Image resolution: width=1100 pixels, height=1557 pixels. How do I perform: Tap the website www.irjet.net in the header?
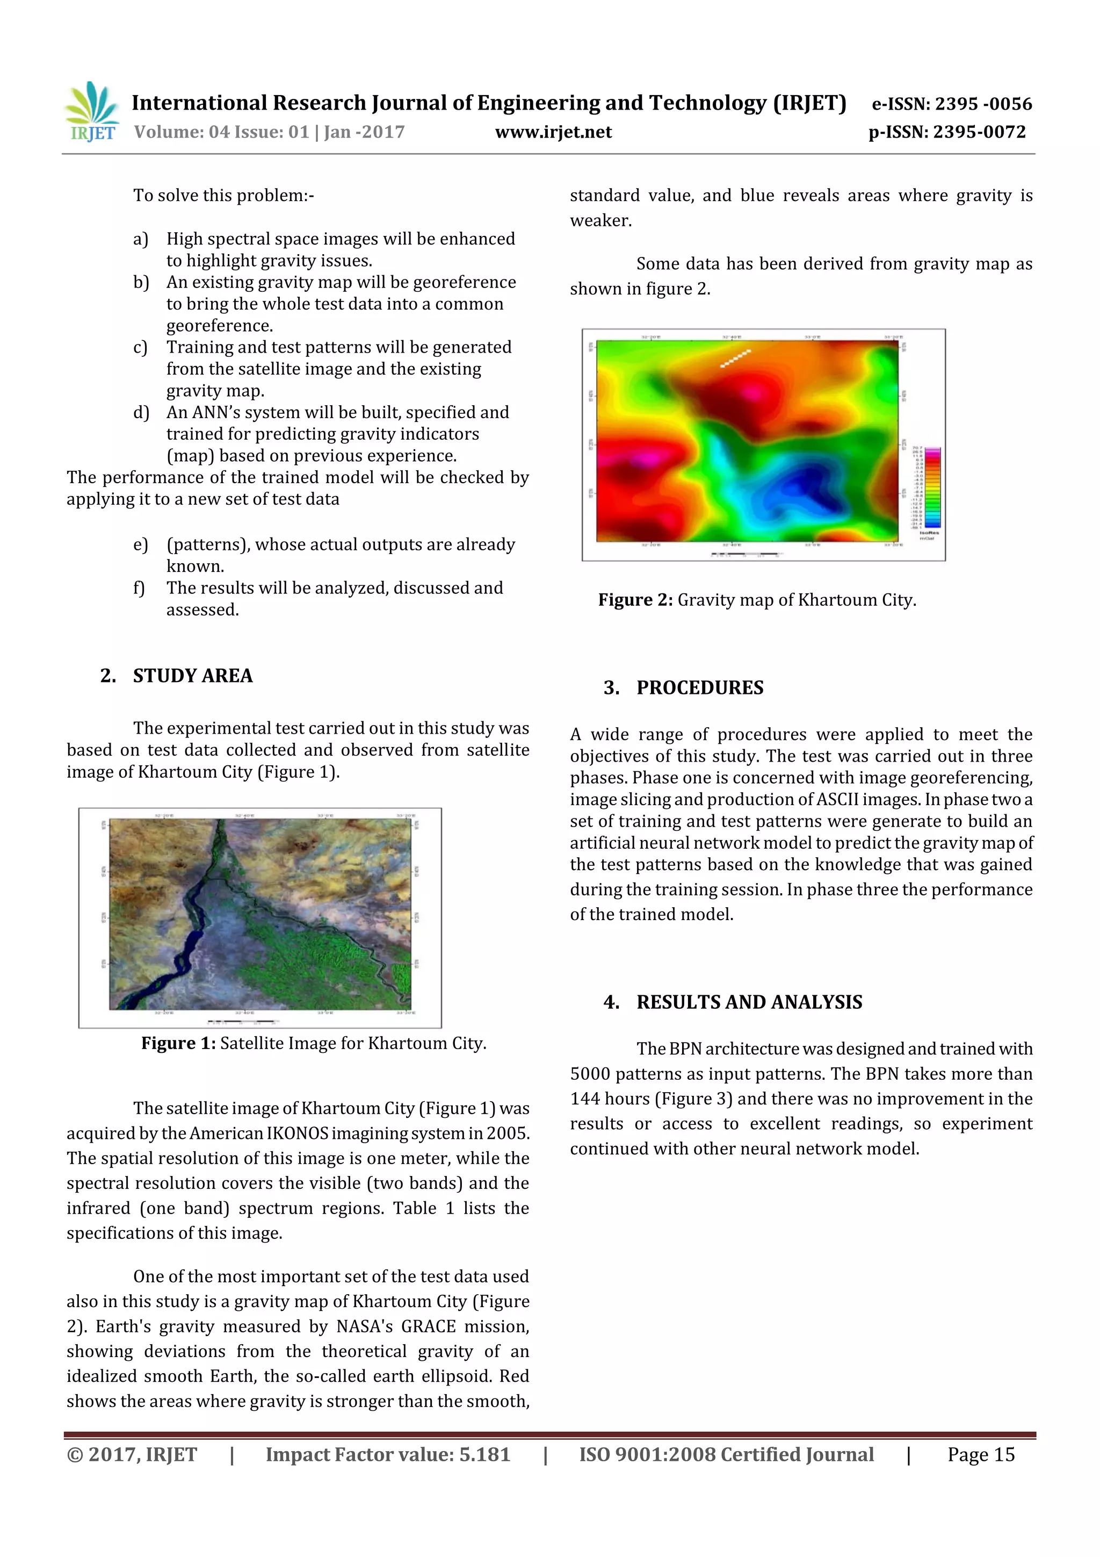(x=553, y=132)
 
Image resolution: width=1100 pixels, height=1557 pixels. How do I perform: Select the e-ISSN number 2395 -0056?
(x=983, y=104)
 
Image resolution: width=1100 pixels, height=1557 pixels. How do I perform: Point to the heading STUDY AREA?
(x=192, y=676)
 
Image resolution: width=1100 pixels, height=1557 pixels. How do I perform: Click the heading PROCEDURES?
(x=699, y=687)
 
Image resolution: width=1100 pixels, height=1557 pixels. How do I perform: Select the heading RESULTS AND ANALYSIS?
(x=749, y=1002)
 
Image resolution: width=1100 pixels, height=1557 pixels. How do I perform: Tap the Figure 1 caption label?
(x=178, y=1043)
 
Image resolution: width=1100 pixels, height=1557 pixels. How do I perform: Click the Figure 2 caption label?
(x=635, y=600)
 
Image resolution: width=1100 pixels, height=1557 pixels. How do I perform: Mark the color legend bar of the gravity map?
(x=932, y=487)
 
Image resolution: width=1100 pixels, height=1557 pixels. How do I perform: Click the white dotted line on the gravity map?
(x=735, y=358)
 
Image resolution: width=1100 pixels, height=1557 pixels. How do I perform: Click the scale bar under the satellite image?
(x=241, y=1021)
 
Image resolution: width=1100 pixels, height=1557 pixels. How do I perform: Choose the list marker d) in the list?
(x=141, y=412)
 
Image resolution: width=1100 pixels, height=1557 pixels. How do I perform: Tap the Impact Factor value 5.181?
(x=484, y=1454)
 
